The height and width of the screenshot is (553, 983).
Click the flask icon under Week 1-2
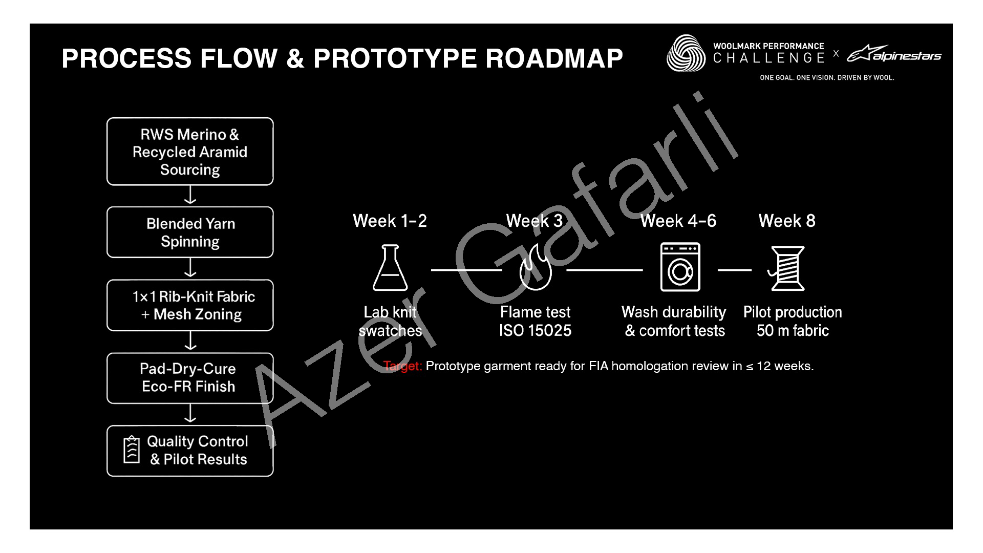(x=390, y=268)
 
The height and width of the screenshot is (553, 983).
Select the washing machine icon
(x=680, y=267)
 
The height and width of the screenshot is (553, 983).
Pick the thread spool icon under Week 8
(x=787, y=268)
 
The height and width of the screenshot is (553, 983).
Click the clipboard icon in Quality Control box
(x=132, y=450)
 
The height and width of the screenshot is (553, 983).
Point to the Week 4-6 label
(x=678, y=221)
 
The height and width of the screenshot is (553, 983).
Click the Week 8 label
(x=787, y=221)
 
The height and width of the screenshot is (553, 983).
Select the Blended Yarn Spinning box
(x=190, y=232)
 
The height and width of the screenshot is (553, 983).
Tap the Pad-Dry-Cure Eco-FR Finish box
(x=190, y=378)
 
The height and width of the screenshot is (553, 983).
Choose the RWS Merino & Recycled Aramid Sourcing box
(x=190, y=152)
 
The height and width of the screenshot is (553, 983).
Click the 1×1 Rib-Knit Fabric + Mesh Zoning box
(x=190, y=305)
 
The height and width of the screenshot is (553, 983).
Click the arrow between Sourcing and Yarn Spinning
(x=190, y=196)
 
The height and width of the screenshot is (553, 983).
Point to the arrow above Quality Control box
(x=190, y=414)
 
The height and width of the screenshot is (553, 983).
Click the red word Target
(x=402, y=366)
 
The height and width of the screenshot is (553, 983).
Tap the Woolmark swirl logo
(x=686, y=53)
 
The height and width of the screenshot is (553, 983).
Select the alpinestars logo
(x=894, y=54)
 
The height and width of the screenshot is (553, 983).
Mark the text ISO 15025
(x=535, y=331)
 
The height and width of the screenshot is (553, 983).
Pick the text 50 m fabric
(x=793, y=331)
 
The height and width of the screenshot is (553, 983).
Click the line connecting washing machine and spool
(x=734, y=270)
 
